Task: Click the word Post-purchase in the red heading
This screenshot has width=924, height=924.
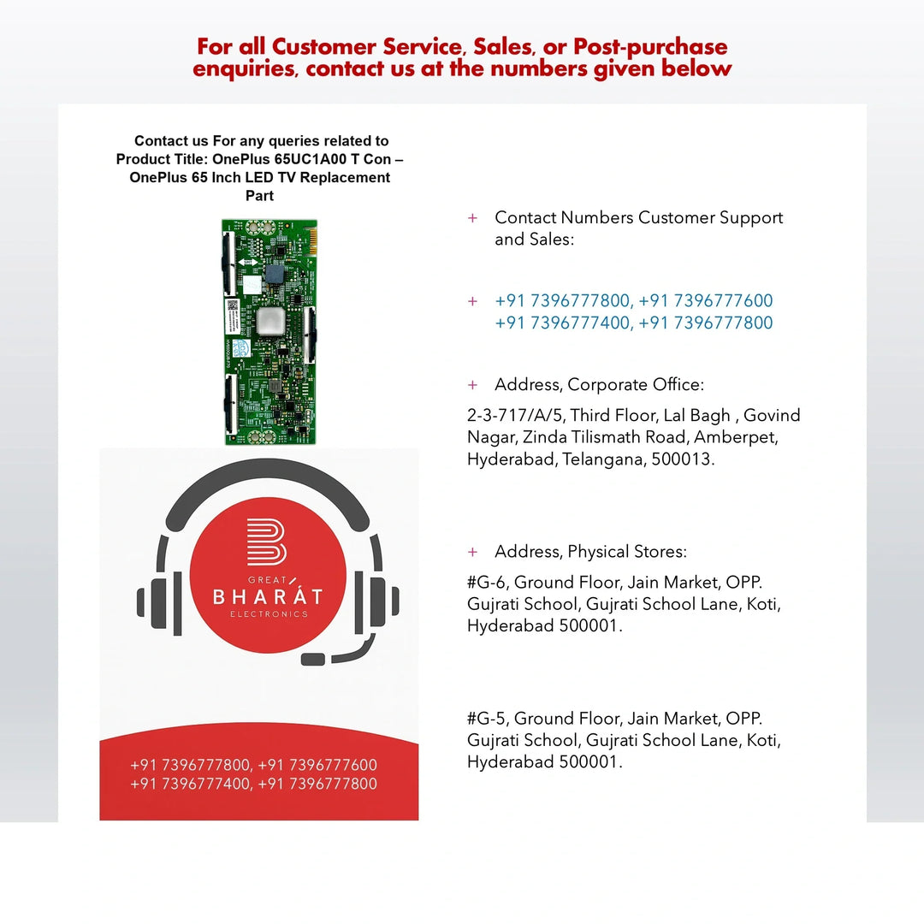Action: tap(650, 47)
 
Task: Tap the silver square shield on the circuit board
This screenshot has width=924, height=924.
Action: tap(270, 321)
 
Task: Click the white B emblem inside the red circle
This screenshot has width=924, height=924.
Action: tap(267, 542)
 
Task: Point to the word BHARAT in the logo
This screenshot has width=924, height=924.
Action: tap(268, 596)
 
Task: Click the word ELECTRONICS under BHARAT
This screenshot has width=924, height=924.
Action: tap(269, 614)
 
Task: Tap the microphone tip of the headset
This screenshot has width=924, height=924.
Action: tap(313, 659)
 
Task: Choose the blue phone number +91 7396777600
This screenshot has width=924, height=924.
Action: tap(705, 300)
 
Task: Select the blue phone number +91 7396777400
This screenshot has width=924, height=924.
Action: tap(563, 323)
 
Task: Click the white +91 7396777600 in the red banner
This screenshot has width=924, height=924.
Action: tap(317, 765)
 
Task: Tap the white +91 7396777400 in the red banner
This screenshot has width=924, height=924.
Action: tap(189, 784)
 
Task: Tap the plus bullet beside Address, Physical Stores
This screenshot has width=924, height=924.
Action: tap(472, 552)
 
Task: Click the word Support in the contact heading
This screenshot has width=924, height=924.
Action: tap(751, 218)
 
